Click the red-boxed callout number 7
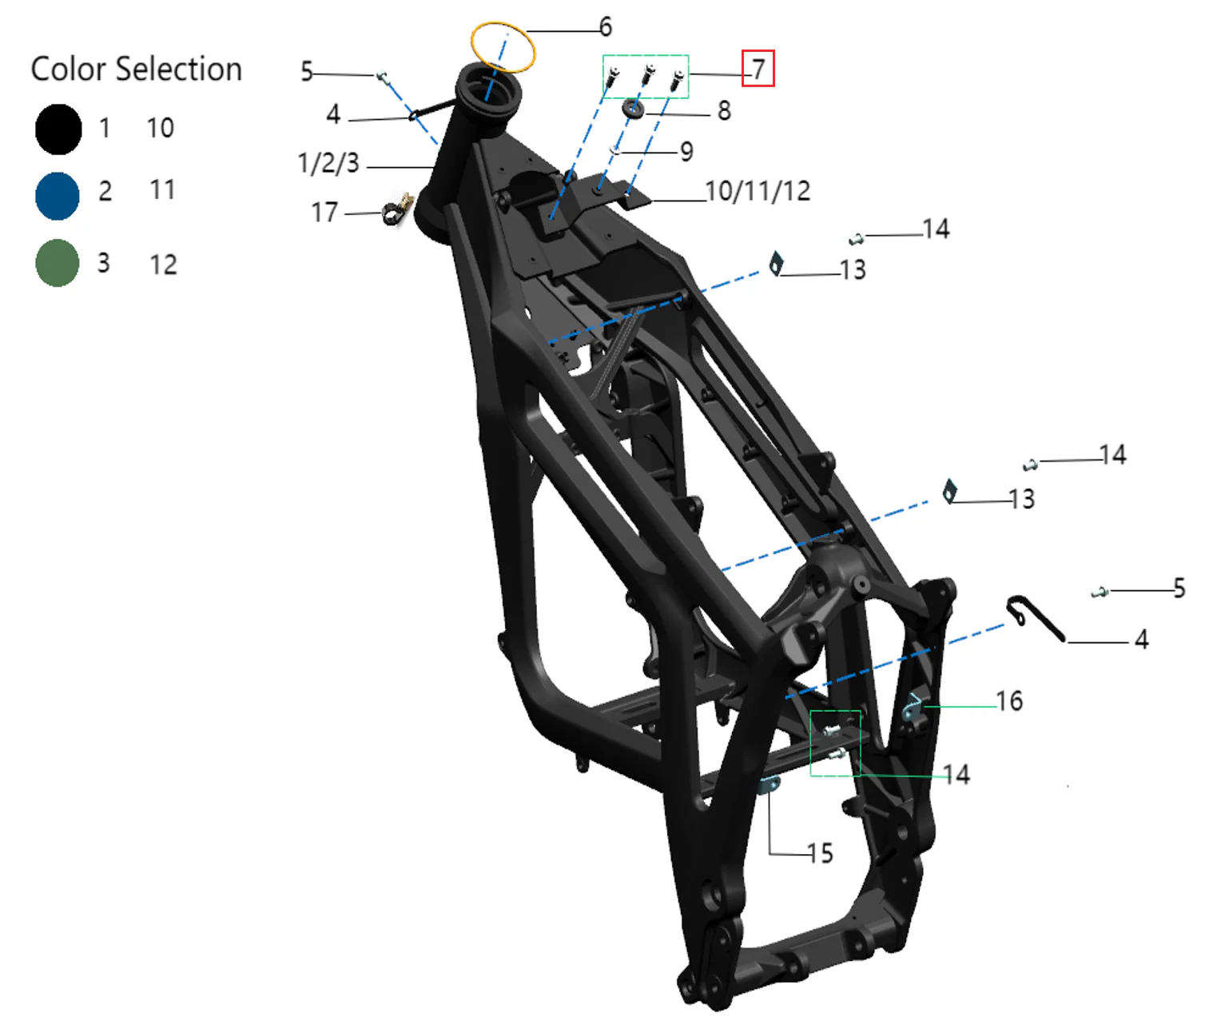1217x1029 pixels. tap(758, 70)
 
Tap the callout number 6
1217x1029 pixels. tap(605, 27)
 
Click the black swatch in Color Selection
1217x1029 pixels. tap(58, 129)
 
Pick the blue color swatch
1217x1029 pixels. tap(58, 196)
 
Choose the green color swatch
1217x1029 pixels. tap(57, 263)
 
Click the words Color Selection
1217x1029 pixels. tap(136, 70)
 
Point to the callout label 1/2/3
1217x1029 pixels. tap(328, 163)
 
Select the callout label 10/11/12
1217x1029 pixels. tap(758, 191)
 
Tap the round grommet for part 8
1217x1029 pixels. tap(633, 109)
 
